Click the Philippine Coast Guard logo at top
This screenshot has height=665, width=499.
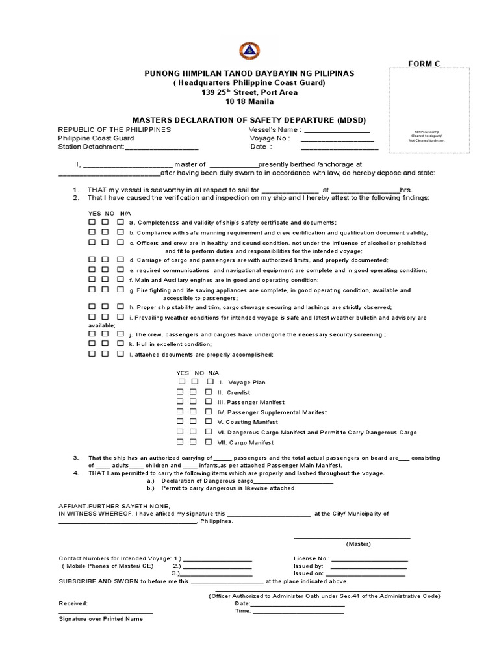[249, 50]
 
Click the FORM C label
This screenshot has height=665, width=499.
[424, 63]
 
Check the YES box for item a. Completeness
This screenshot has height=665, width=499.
[92, 222]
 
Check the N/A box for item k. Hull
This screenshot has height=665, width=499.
[120, 343]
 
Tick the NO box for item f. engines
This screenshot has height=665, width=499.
[106, 279]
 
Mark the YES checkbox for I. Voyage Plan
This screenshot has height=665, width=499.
[181, 382]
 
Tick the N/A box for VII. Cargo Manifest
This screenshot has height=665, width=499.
[209, 442]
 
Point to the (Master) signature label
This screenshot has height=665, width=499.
[358, 544]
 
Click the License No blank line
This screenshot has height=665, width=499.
[370, 559]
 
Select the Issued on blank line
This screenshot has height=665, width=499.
[365, 574]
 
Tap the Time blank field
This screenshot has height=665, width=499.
[298, 612]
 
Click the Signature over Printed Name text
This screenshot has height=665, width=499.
[101, 619]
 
